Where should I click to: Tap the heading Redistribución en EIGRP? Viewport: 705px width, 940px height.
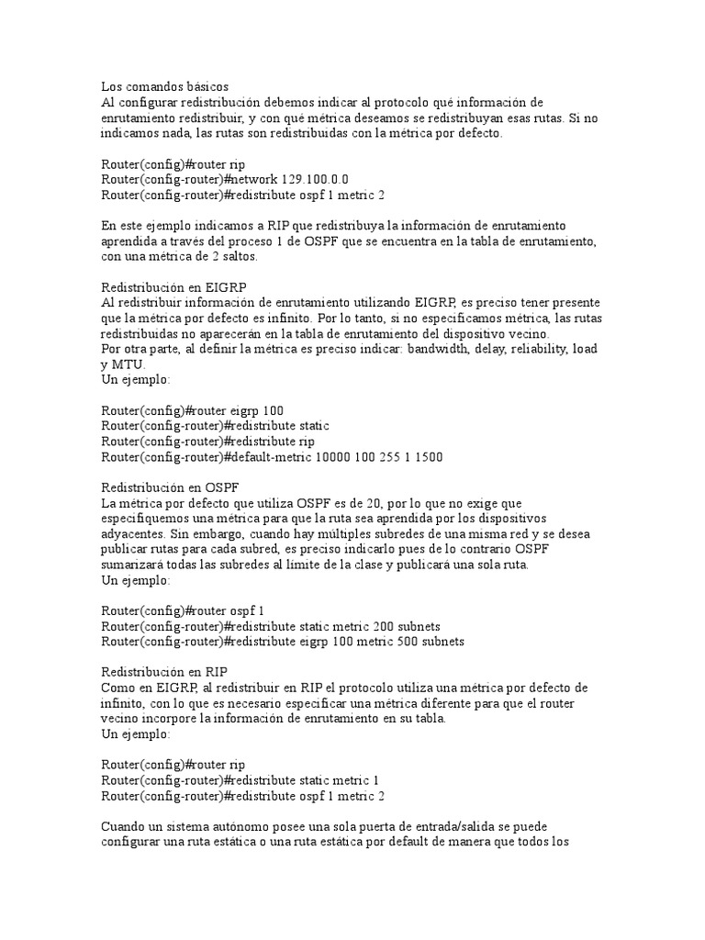click(x=173, y=287)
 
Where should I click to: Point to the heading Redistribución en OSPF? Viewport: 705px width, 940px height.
click(x=170, y=487)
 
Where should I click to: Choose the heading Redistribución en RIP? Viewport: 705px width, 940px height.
click(x=164, y=672)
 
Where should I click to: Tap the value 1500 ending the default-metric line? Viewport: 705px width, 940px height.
click(x=426, y=457)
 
